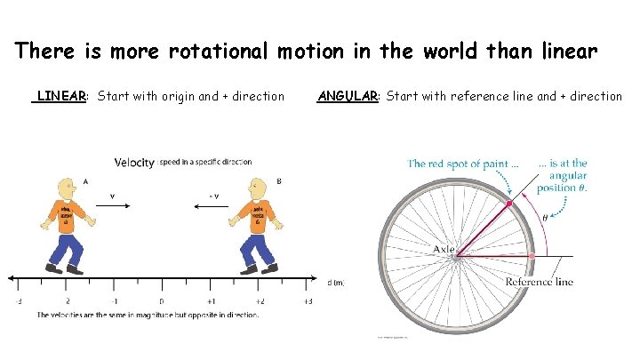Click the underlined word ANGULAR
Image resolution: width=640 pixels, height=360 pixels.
pos(348,96)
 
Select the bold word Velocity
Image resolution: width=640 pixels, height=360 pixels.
pos(134,162)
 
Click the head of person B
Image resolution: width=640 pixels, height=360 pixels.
pos(257,189)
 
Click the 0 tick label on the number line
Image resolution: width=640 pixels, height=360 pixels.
pos(161,300)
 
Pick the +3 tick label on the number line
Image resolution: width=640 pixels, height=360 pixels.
pos(308,300)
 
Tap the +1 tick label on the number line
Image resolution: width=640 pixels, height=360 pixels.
pos(211,300)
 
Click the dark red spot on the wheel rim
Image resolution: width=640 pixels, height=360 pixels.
pos(509,204)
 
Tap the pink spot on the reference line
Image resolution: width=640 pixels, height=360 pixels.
pos(532,256)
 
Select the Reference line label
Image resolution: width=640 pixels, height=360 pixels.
pos(540,282)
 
